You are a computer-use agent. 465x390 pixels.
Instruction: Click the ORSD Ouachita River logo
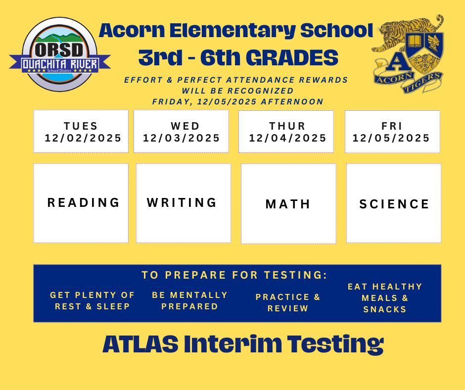(59, 55)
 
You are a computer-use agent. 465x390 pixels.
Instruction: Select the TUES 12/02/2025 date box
(81, 132)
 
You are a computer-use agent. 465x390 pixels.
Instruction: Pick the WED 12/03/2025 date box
(182, 132)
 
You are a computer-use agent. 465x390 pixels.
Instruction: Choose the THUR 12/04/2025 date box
(286, 132)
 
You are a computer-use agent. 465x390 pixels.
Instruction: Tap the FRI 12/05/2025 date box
(392, 132)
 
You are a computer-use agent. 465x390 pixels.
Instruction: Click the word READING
(84, 202)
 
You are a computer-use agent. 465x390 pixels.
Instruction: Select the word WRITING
(182, 202)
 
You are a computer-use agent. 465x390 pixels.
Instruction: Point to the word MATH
(288, 204)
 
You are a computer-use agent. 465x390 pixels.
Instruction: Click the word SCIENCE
(394, 204)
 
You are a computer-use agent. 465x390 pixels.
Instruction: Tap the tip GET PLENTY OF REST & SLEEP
(93, 300)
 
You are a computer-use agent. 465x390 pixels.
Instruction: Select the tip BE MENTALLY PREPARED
(190, 300)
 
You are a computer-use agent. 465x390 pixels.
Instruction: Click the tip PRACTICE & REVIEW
(288, 302)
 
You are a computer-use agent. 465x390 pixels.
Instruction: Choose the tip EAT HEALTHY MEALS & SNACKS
(385, 298)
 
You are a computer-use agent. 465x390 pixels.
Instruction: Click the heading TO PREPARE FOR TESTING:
(234, 275)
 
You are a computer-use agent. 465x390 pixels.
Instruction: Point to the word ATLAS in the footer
(140, 344)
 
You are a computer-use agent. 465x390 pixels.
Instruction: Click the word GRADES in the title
(292, 58)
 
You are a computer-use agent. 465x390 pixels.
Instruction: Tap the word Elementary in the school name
(232, 31)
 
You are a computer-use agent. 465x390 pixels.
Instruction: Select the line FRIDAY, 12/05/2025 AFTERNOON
(237, 101)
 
